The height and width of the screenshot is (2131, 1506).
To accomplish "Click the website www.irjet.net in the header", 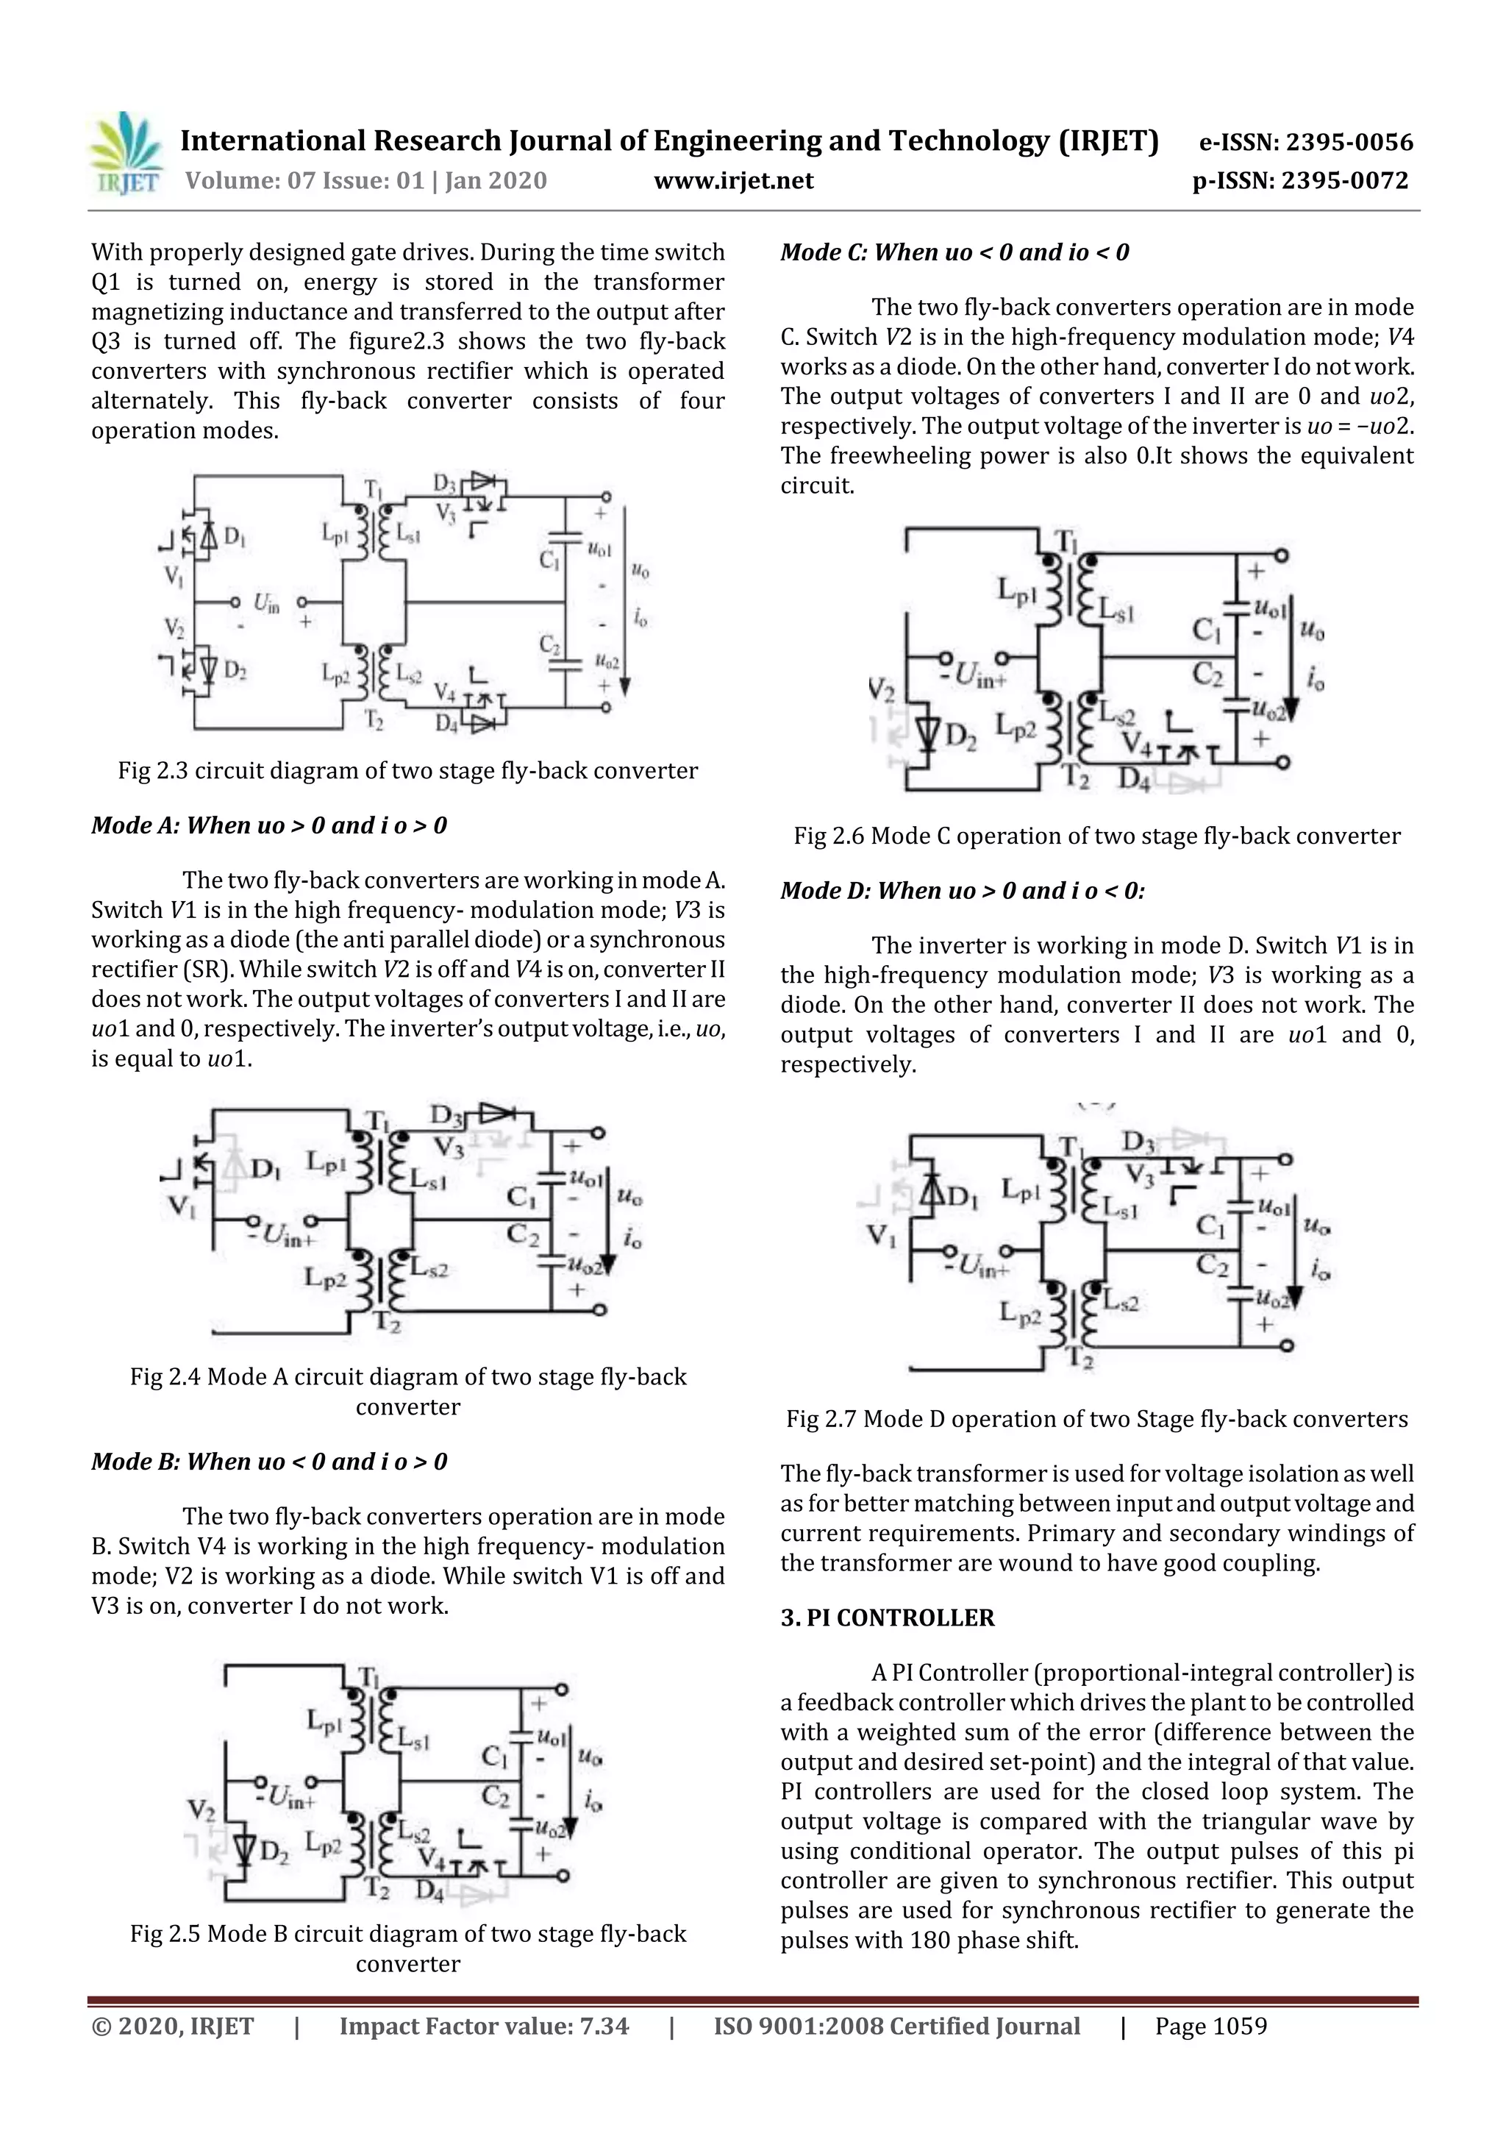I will [x=733, y=180].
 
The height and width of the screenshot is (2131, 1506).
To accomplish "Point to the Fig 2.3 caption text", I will [x=407, y=770].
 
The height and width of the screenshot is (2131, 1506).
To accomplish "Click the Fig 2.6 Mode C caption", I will [x=1097, y=836].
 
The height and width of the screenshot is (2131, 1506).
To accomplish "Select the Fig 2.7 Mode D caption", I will [x=1097, y=1418].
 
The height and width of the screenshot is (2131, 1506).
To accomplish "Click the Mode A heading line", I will [x=269, y=825].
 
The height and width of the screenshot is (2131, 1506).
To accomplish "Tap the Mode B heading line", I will [x=269, y=1461].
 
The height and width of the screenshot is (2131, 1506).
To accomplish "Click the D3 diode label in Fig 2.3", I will [x=443, y=483].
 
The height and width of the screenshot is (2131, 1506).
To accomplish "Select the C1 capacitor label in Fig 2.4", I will [x=521, y=1198].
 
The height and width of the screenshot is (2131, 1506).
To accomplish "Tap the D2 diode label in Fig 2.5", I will [x=273, y=1852].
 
